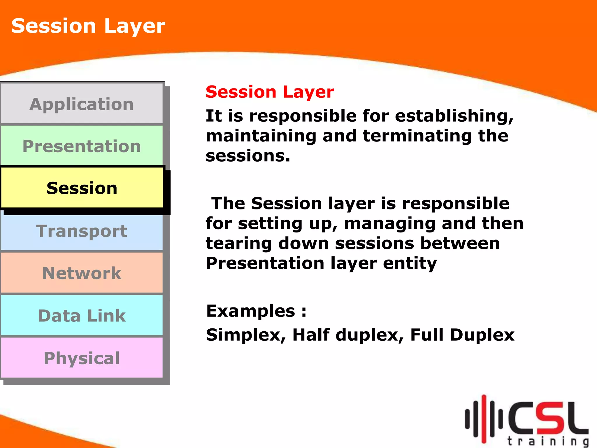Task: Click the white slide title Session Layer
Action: click(x=88, y=26)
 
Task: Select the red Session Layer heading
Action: click(x=270, y=92)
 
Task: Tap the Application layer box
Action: click(x=82, y=104)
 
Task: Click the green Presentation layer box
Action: click(x=82, y=146)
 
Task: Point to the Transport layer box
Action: click(x=82, y=231)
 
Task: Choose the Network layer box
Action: click(x=82, y=273)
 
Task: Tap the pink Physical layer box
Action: click(x=82, y=358)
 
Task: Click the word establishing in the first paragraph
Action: click(x=454, y=116)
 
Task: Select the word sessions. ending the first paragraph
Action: click(x=248, y=156)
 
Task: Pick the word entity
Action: click(x=410, y=263)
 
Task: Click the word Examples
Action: click(x=251, y=311)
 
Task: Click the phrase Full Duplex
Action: click(x=462, y=335)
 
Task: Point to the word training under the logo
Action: click(x=547, y=441)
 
